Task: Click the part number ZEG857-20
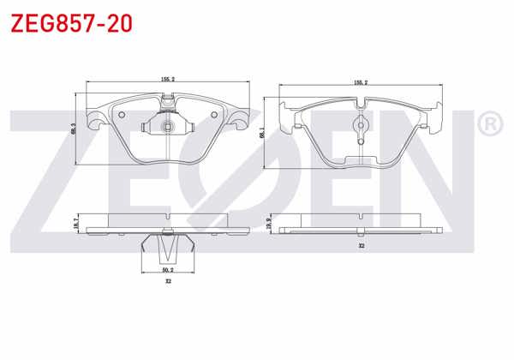[x=70, y=23]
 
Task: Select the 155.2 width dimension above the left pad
[x=167, y=79]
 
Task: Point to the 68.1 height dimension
[x=261, y=133]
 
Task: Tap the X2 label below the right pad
[x=362, y=247]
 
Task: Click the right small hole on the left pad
[x=213, y=117]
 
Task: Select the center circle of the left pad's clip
[x=168, y=128]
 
